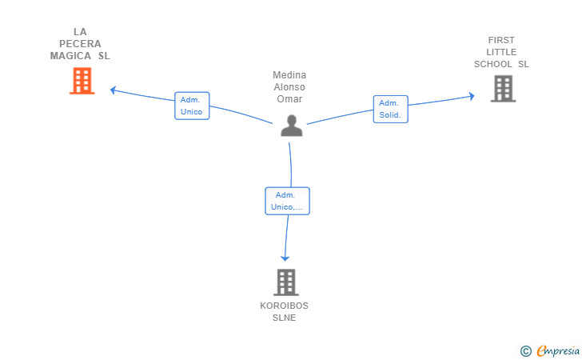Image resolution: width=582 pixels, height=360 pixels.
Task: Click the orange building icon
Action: [x=82, y=81]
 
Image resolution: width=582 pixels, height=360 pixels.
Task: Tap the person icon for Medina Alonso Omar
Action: [x=291, y=126]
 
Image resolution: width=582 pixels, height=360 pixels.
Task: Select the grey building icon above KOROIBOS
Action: [x=286, y=282]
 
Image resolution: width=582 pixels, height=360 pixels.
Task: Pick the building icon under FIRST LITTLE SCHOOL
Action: [x=504, y=89]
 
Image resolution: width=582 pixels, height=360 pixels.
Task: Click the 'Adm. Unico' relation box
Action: [x=192, y=106]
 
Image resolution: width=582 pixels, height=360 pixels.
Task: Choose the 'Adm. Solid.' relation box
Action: [x=390, y=109]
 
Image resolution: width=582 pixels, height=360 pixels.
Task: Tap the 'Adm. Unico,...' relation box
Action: [x=287, y=201]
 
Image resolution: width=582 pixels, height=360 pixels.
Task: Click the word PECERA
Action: [x=80, y=44]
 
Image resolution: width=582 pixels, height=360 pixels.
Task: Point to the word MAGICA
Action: [x=70, y=56]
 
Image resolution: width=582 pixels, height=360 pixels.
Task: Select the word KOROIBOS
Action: [x=285, y=306]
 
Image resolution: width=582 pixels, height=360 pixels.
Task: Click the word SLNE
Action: [x=285, y=318]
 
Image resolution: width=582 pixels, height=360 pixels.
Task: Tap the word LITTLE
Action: [x=501, y=52]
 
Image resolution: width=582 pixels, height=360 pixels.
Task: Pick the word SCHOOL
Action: [x=493, y=64]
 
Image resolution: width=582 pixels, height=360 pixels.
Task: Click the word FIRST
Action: [x=501, y=40]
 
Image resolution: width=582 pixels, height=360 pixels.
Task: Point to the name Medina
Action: [x=289, y=75]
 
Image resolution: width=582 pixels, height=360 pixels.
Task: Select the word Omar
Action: [x=289, y=99]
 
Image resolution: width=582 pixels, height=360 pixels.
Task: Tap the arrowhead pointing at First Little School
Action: [x=472, y=96]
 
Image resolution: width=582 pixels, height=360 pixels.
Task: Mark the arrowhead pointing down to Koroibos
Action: [x=285, y=258]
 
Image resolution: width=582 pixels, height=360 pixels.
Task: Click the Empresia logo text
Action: [x=558, y=350]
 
